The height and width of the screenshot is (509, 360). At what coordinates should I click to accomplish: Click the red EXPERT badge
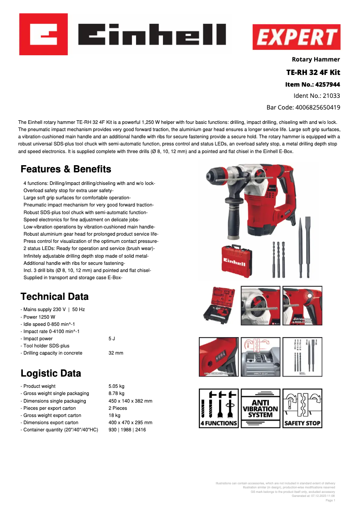coord(296,37)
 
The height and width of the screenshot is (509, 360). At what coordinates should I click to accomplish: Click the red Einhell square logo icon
coord(44,34)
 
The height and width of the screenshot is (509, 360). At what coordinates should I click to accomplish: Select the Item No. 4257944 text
coord(312,84)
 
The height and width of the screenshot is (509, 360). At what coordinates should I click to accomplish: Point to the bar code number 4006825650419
coord(303,108)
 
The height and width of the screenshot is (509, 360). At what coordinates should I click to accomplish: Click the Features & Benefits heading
coord(66,169)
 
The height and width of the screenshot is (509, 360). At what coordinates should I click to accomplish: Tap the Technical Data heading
coord(55,297)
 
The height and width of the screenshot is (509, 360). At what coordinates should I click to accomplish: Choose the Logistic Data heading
coord(51,373)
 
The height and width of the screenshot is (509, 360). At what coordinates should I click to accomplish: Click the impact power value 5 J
coord(112,338)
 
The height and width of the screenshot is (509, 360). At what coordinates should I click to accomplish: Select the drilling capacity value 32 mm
coord(116,353)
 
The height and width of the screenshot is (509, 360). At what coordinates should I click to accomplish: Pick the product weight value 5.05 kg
coord(116,386)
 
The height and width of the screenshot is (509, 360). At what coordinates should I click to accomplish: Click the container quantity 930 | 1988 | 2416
coord(127,430)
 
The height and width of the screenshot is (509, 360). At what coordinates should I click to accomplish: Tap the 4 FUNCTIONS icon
coord(219,408)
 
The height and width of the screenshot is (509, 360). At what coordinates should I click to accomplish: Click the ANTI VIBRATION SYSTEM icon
coord(260,408)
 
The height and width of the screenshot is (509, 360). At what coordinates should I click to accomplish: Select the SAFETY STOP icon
coord(302,408)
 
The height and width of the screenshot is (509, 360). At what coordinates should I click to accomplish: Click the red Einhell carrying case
coord(236,260)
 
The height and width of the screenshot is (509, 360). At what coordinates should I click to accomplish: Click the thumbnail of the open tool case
coord(219,306)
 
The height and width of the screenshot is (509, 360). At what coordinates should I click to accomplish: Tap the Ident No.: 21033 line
coord(316,96)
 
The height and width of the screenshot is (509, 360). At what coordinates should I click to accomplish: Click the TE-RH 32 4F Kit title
coord(313,73)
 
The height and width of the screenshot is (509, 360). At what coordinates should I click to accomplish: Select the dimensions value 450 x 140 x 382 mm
coord(130,401)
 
